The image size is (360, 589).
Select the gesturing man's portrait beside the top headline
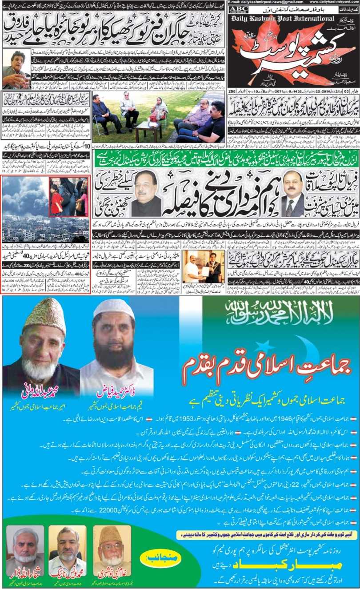(x=16, y=69)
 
